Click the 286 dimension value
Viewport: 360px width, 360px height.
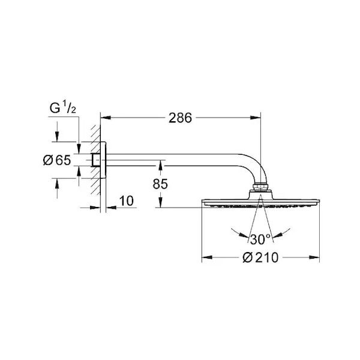180,118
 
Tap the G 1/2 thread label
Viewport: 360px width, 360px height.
63,108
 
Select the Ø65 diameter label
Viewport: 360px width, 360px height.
57,160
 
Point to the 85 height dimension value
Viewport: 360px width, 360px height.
160,184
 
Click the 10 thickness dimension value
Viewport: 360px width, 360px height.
126,201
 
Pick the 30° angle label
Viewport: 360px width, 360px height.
260,239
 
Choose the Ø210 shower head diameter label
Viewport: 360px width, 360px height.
260,257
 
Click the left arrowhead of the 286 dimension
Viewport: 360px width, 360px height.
106,118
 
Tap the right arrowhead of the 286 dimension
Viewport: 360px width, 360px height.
256,118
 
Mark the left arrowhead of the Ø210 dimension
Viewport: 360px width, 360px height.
206,257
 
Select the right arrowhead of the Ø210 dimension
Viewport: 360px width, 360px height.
314,257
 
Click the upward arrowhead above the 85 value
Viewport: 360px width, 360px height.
160,166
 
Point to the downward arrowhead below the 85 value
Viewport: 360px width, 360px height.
160,203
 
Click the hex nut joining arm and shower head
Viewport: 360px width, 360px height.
260,187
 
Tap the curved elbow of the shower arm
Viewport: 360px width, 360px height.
255,166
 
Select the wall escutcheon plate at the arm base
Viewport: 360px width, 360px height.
103,160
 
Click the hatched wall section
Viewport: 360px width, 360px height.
96,160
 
